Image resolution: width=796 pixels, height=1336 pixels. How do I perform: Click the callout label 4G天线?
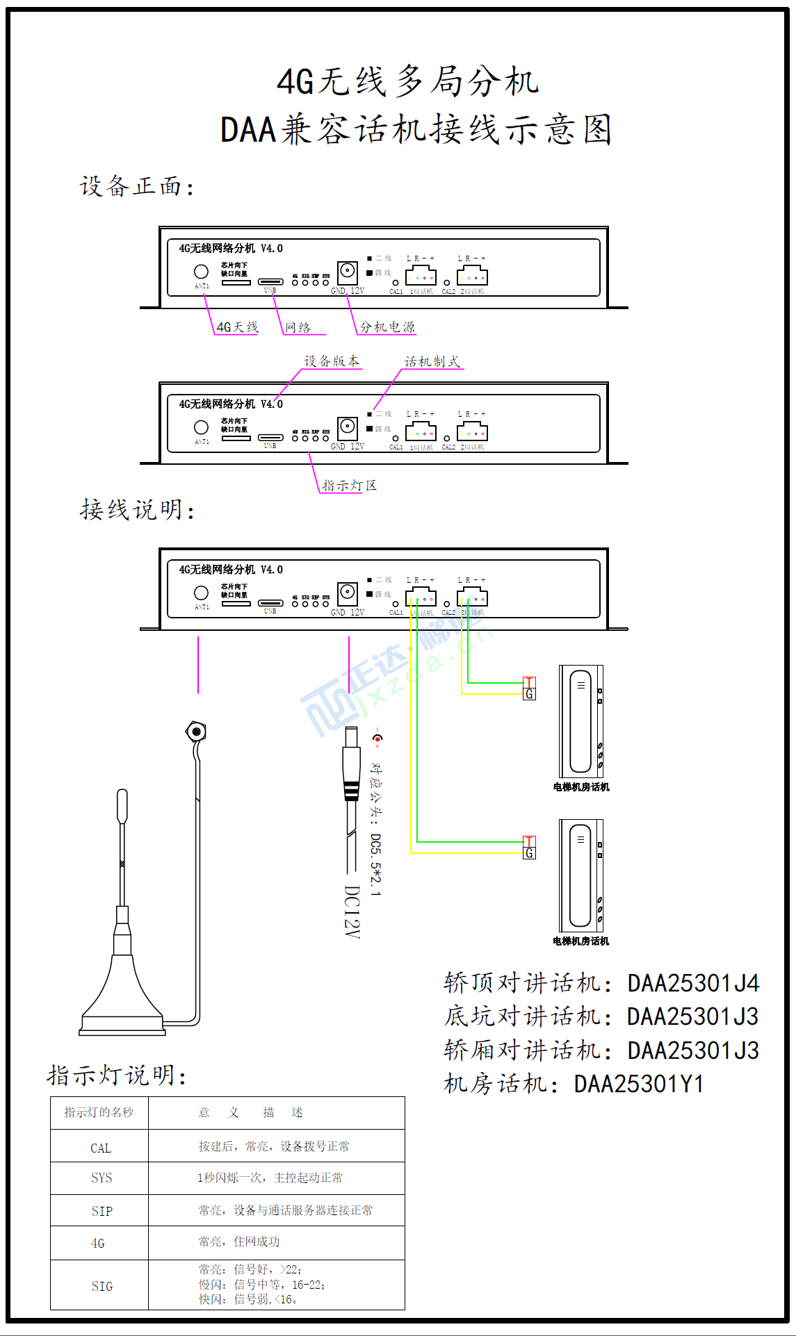pyautogui.click(x=237, y=327)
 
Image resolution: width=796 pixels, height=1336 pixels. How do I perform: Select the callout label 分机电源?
pyautogui.click(x=387, y=327)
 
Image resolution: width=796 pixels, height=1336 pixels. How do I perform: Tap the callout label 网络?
pyautogui.click(x=298, y=328)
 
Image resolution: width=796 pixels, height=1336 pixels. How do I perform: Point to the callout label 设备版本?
pyautogui.click(x=332, y=361)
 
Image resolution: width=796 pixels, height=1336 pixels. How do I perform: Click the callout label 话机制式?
pyautogui.click(x=432, y=362)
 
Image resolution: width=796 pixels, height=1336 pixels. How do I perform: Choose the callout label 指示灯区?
pyautogui.click(x=349, y=486)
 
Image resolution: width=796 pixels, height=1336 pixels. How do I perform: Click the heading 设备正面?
pyautogui.click(x=136, y=186)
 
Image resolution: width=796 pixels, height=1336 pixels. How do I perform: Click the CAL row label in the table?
pyautogui.click(x=101, y=1148)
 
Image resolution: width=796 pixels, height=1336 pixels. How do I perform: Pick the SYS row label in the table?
pyautogui.click(x=101, y=1178)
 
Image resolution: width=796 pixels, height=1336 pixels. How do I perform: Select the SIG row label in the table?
pyautogui.click(x=101, y=1287)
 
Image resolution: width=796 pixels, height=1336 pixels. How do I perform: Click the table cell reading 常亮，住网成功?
pyautogui.click(x=239, y=1242)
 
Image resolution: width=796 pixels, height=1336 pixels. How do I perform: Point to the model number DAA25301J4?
pyautogui.click(x=693, y=984)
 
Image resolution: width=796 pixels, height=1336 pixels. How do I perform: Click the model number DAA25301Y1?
pyautogui.click(x=639, y=1084)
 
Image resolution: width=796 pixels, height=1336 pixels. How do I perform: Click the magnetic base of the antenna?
pyautogui.click(x=122, y=1000)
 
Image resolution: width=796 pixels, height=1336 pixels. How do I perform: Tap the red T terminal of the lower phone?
pyautogui.click(x=529, y=842)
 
